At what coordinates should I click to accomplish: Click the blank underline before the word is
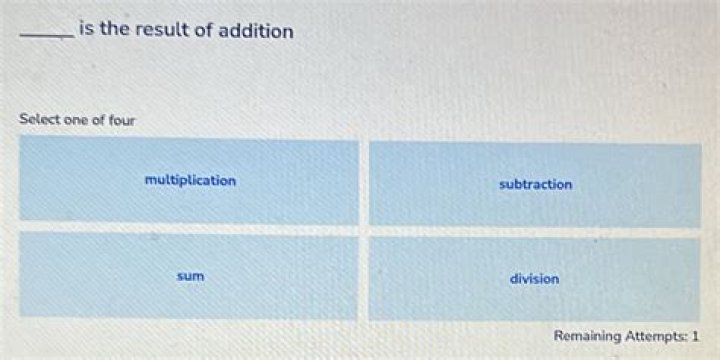(46, 37)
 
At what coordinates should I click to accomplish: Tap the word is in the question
(86, 30)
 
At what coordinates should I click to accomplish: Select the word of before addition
(203, 30)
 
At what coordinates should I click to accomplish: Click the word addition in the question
(255, 31)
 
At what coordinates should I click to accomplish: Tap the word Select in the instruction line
(38, 120)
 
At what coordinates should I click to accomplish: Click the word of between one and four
(97, 120)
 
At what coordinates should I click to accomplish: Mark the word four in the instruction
(121, 120)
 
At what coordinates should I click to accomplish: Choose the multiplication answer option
(190, 181)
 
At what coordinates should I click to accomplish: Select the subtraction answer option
(535, 185)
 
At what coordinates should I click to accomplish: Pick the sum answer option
(190, 275)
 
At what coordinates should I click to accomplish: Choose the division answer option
(534, 279)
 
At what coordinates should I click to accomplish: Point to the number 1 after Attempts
(695, 336)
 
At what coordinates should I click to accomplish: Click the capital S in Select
(23, 120)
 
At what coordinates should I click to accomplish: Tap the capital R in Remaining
(558, 336)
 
